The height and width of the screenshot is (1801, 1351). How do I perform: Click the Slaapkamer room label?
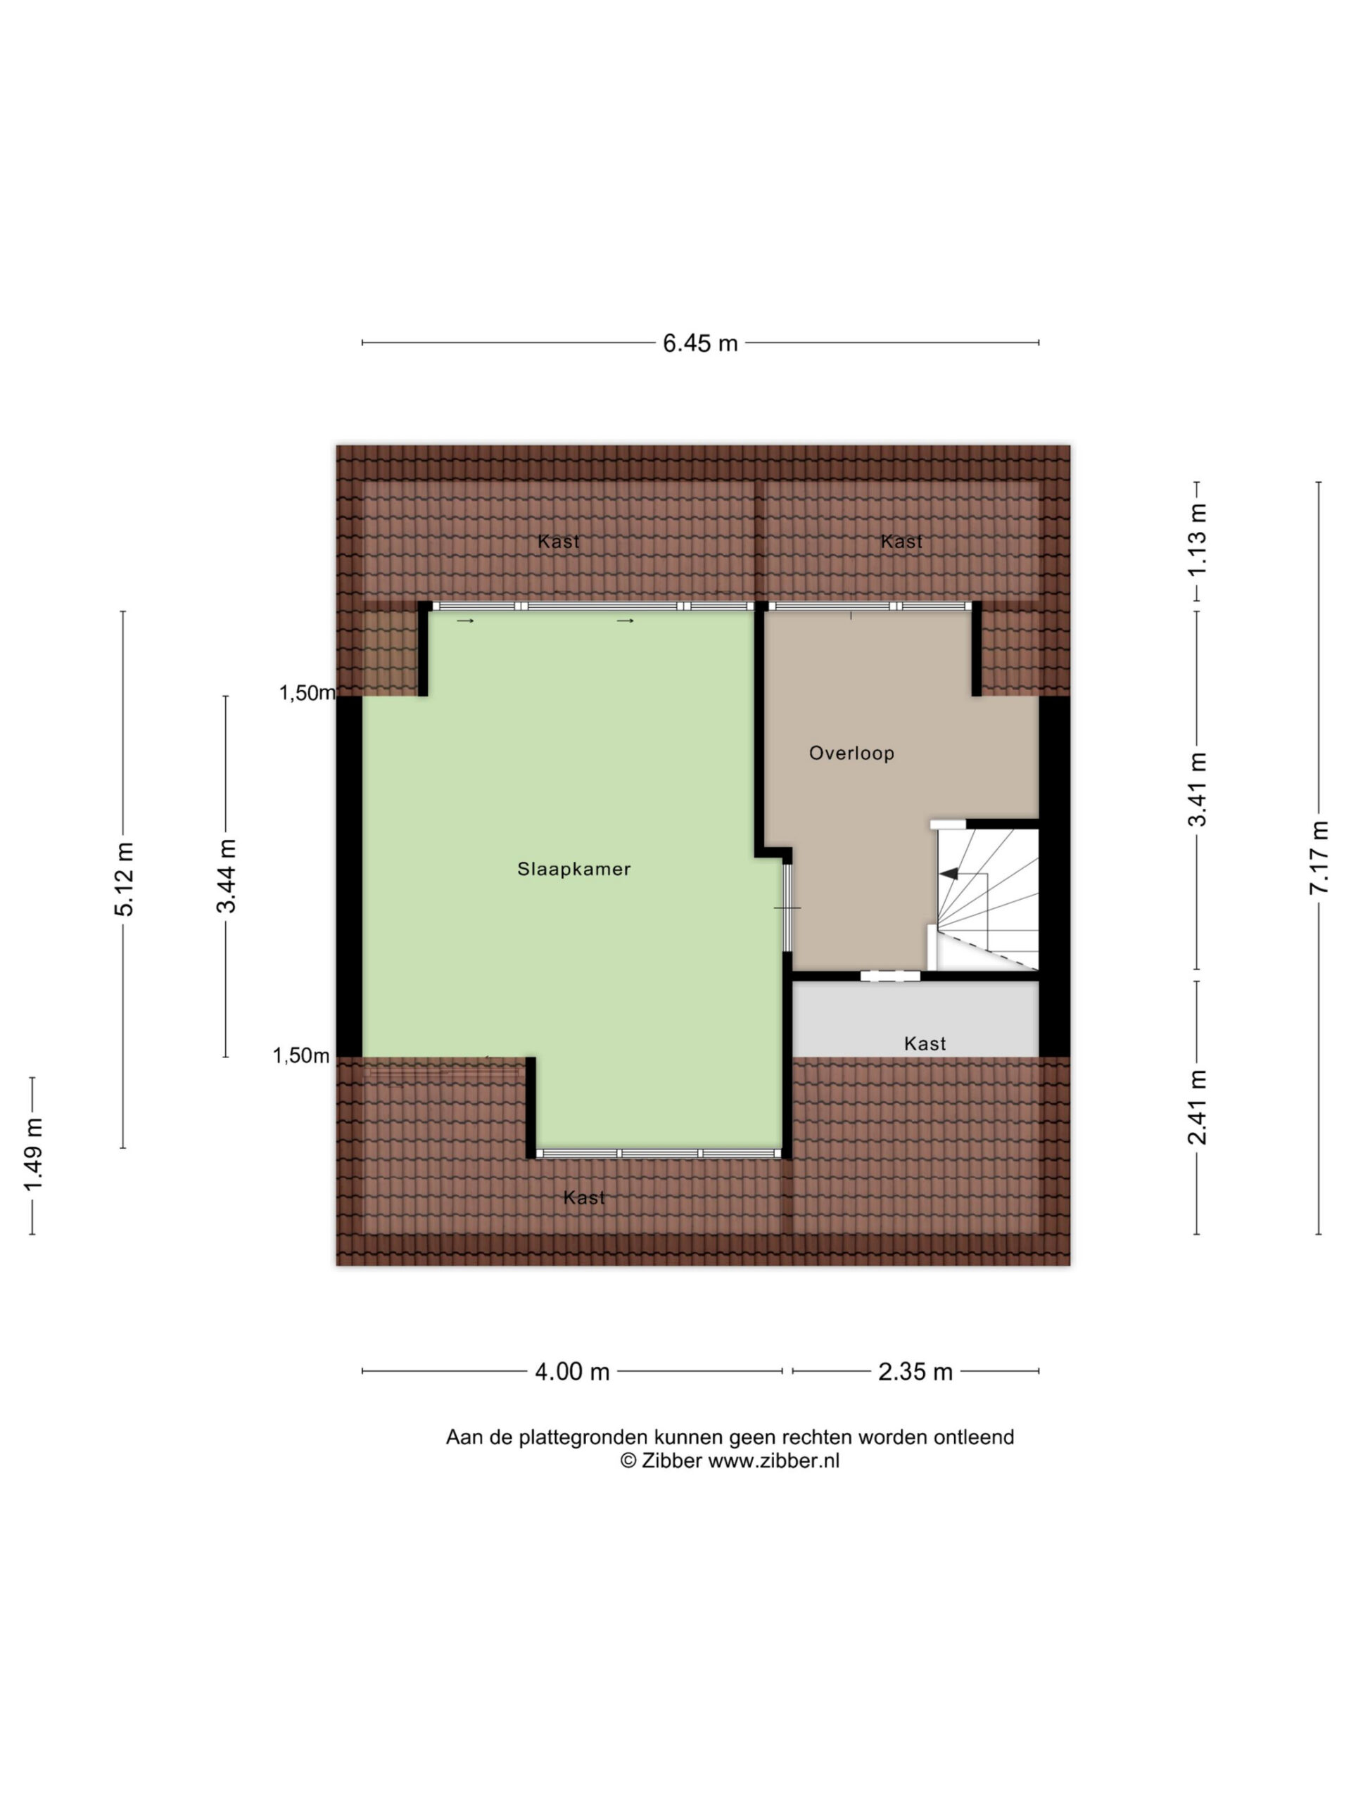tap(574, 869)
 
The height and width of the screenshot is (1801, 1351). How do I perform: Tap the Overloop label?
tap(851, 753)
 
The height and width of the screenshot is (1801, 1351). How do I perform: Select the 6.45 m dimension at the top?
tap(699, 343)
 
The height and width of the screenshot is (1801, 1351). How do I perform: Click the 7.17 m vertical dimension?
tap(1319, 857)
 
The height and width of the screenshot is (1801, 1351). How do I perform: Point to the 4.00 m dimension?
tap(571, 1372)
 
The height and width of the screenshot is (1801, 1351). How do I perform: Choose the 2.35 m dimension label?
tap(915, 1372)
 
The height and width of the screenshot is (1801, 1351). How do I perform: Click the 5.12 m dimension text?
tap(124, 879)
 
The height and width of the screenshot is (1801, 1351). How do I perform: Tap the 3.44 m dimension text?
tap(226, 876)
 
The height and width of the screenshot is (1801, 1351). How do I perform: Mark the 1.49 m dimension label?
tap(32, 1154)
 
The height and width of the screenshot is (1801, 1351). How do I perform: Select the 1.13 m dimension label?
tap(1196, 540)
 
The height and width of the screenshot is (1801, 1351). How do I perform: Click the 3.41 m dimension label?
tap(1196, 789)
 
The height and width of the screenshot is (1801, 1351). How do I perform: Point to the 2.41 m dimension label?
tap(1196, 1107)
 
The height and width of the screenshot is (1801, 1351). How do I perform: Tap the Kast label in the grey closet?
tap(925, 1044)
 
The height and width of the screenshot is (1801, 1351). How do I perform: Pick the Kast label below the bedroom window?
tap(585, 1197)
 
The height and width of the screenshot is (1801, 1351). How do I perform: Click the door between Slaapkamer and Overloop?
tap(787, 907)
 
